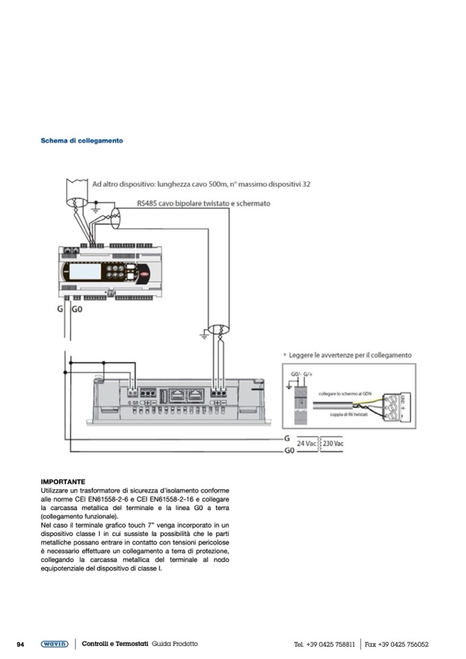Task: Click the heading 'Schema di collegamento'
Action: point(82,141)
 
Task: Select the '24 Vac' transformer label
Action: point(308,444)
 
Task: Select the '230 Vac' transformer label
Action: point(333,444)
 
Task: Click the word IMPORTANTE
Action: point(63,482)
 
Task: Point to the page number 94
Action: point(21,644)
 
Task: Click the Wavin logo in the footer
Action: point(54,644)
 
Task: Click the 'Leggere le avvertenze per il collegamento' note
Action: point(351,355)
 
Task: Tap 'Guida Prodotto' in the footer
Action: point(175,644)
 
